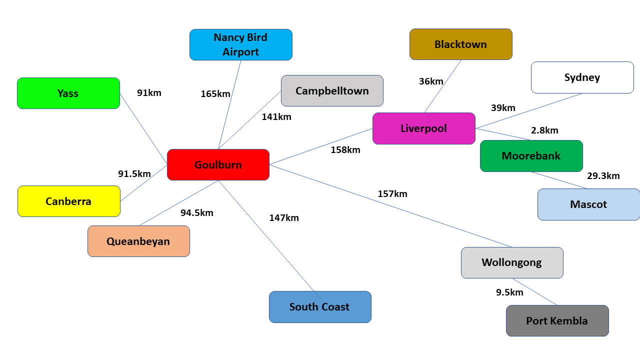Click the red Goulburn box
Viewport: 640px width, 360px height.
pyautogui.click(x=218, y=164)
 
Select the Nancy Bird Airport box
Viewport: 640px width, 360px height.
pyautogui.click(x=240, y=44)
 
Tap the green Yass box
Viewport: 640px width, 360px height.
pyautogui.click(x=68, y=93)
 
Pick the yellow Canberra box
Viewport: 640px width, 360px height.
pyautogui.click(x=68, y=201)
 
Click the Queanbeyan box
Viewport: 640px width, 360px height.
pyautogui.click(x=138, y=241)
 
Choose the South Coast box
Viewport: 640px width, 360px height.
pyautogui.click(x=320, y=306)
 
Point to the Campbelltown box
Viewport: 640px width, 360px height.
pyautogui.click(x=332, y=90)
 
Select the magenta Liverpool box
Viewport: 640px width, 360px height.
pyautogui.click(x=423, y=128)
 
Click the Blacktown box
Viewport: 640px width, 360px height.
pyautogui.click(x=460, y=44)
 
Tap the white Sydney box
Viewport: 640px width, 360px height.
pyautogui.click(x=582, y=77)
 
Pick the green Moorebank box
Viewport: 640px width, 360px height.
pyautogui.click(x=531, y=155)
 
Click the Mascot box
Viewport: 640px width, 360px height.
pyautogui.click(x=588, y=204)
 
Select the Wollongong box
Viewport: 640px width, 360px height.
pyautogui.click(x=511, y=262)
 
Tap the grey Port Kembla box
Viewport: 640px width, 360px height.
pyautogui.click(x=557, y=320)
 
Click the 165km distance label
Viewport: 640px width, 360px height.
pyautogui.click(x=215, y=93)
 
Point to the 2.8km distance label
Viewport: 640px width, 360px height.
pyautogui.click(x=544, y=130)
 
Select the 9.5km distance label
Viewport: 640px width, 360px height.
pyautogui.click(x=509, y=292)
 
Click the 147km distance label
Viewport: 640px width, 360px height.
pyautogui.click(x=284, y=217)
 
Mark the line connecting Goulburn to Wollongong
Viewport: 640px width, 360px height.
pyautogui.click(x=390, y=205)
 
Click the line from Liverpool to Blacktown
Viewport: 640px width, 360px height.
pyautogui.click(x=443, y=86)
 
